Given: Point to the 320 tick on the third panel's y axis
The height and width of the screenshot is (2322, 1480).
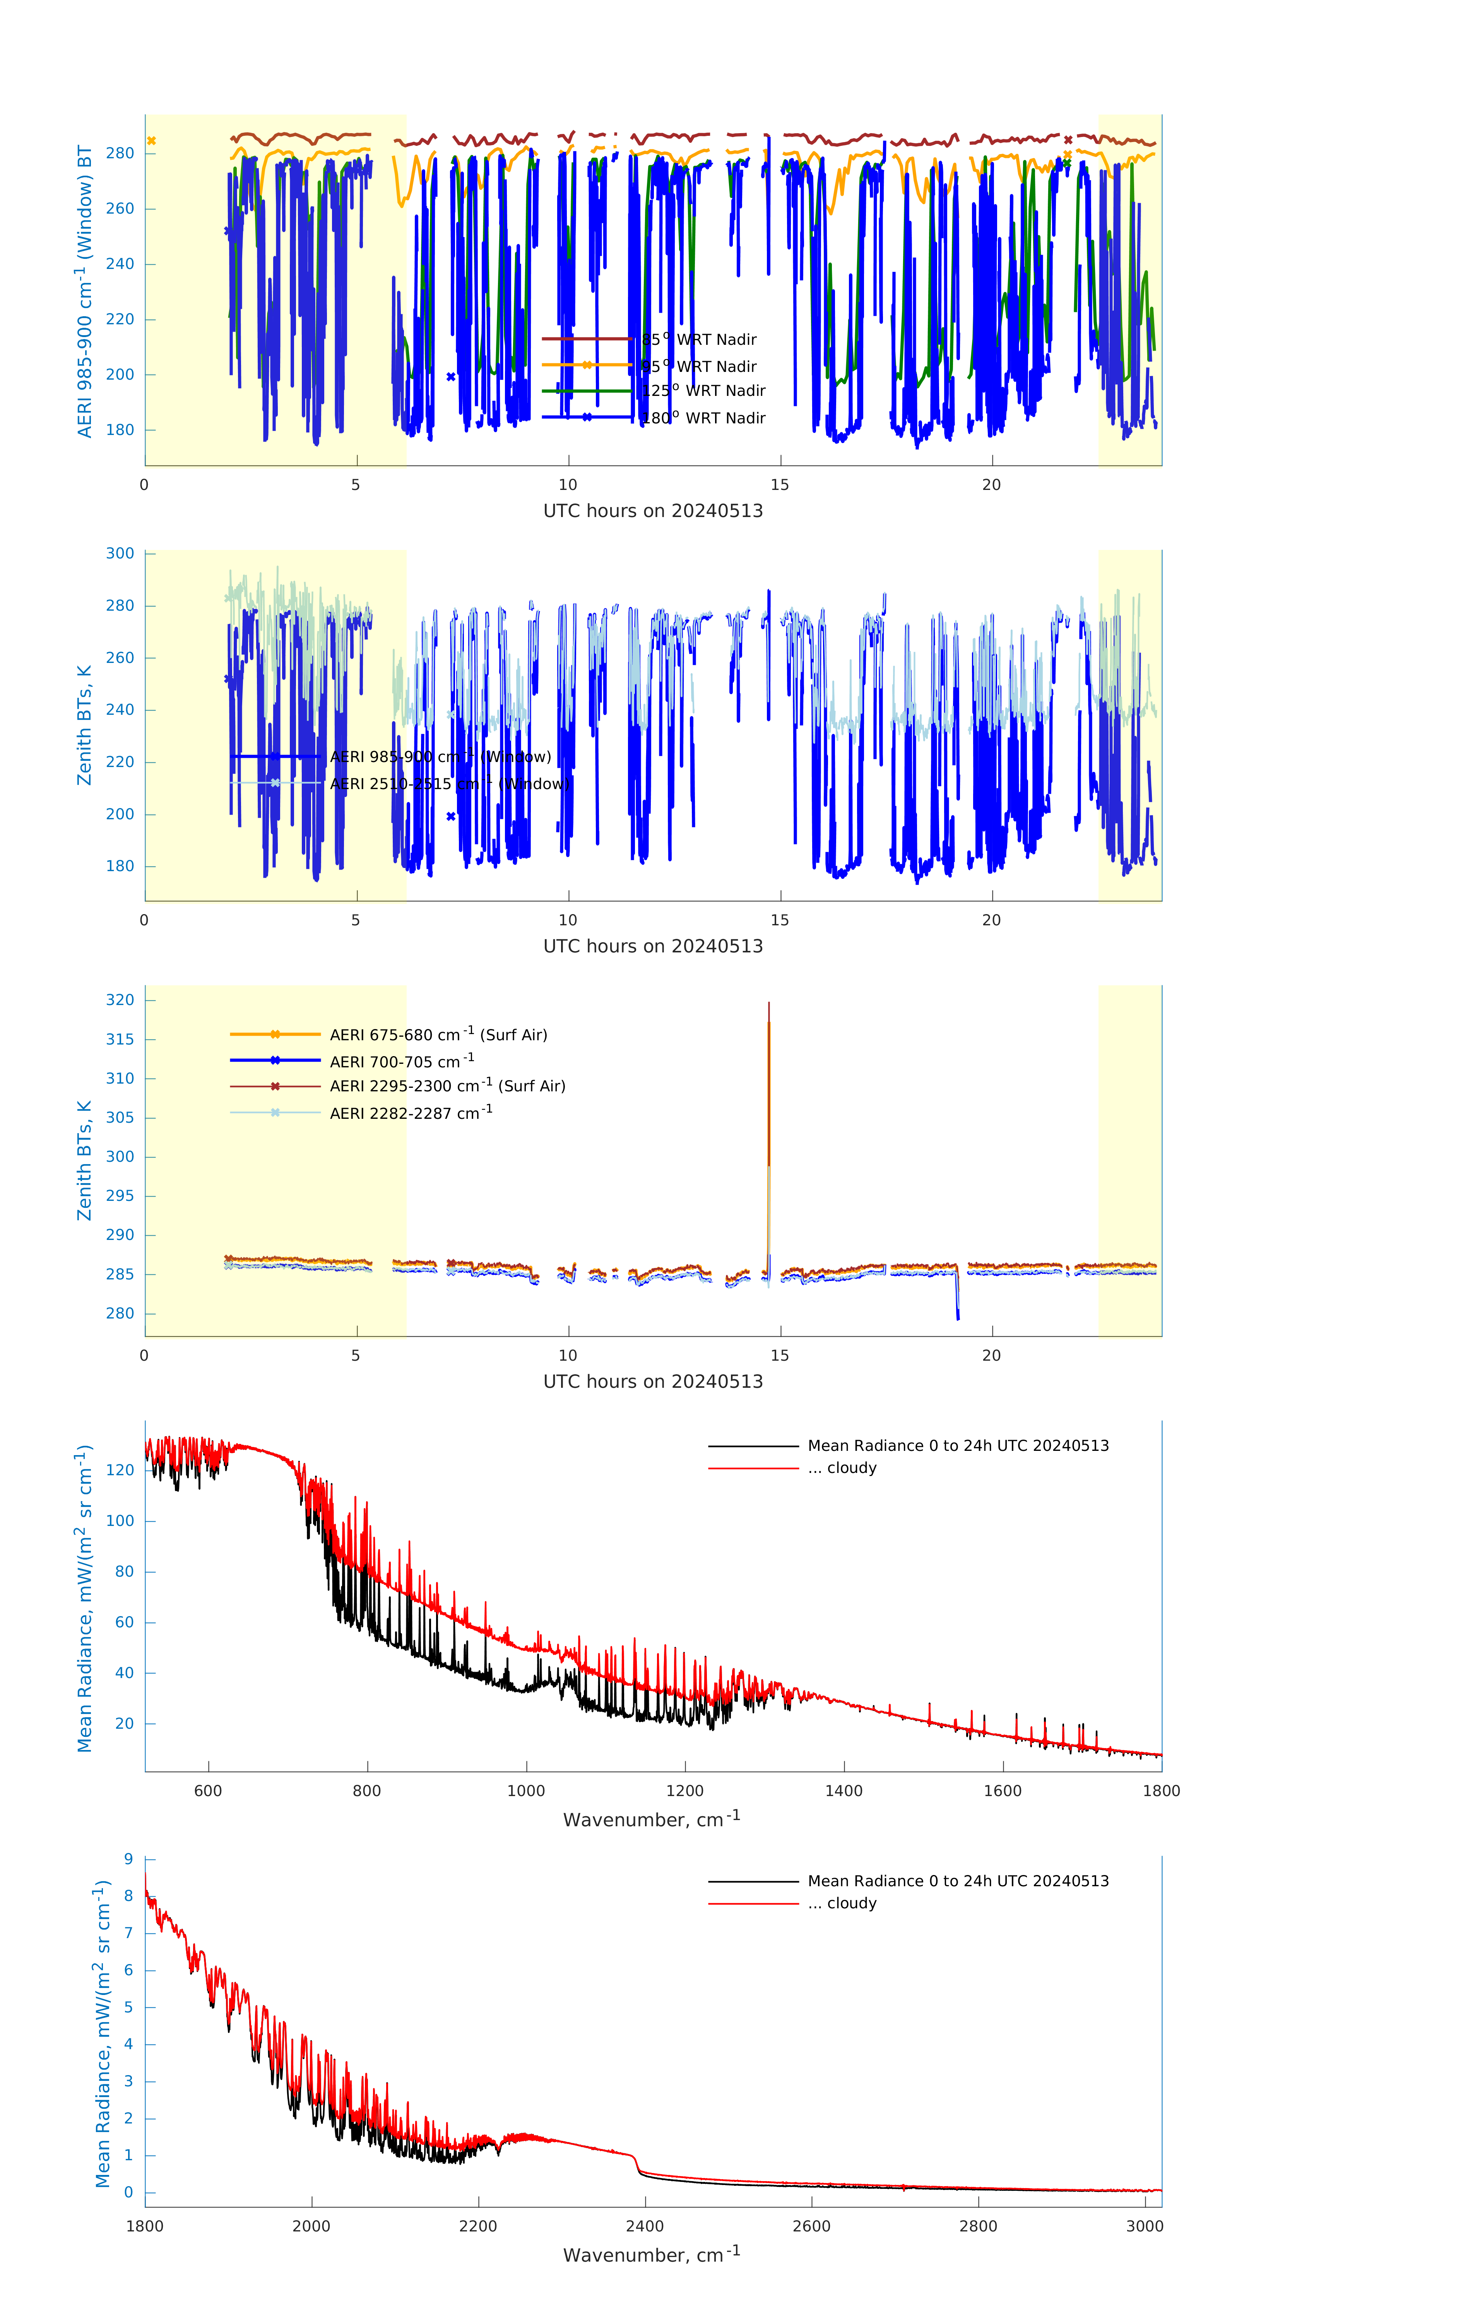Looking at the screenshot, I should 120,1000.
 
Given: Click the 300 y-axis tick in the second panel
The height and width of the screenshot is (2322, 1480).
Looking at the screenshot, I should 120,553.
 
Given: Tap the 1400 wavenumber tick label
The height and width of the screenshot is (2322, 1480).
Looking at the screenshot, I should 844,1791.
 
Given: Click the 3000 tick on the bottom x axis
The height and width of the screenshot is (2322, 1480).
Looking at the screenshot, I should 1145,2226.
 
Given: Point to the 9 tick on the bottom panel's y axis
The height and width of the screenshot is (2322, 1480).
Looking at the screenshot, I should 128,1859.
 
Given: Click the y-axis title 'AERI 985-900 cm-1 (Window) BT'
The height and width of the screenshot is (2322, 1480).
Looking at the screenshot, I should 85,291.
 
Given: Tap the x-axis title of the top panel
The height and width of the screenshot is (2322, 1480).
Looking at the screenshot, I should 653,511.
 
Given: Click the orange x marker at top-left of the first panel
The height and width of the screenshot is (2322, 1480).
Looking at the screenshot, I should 151,141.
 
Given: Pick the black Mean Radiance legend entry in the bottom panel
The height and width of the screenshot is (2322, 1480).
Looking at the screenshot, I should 957,1881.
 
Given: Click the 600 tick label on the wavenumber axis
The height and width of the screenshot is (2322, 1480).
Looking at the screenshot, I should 208,1791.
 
